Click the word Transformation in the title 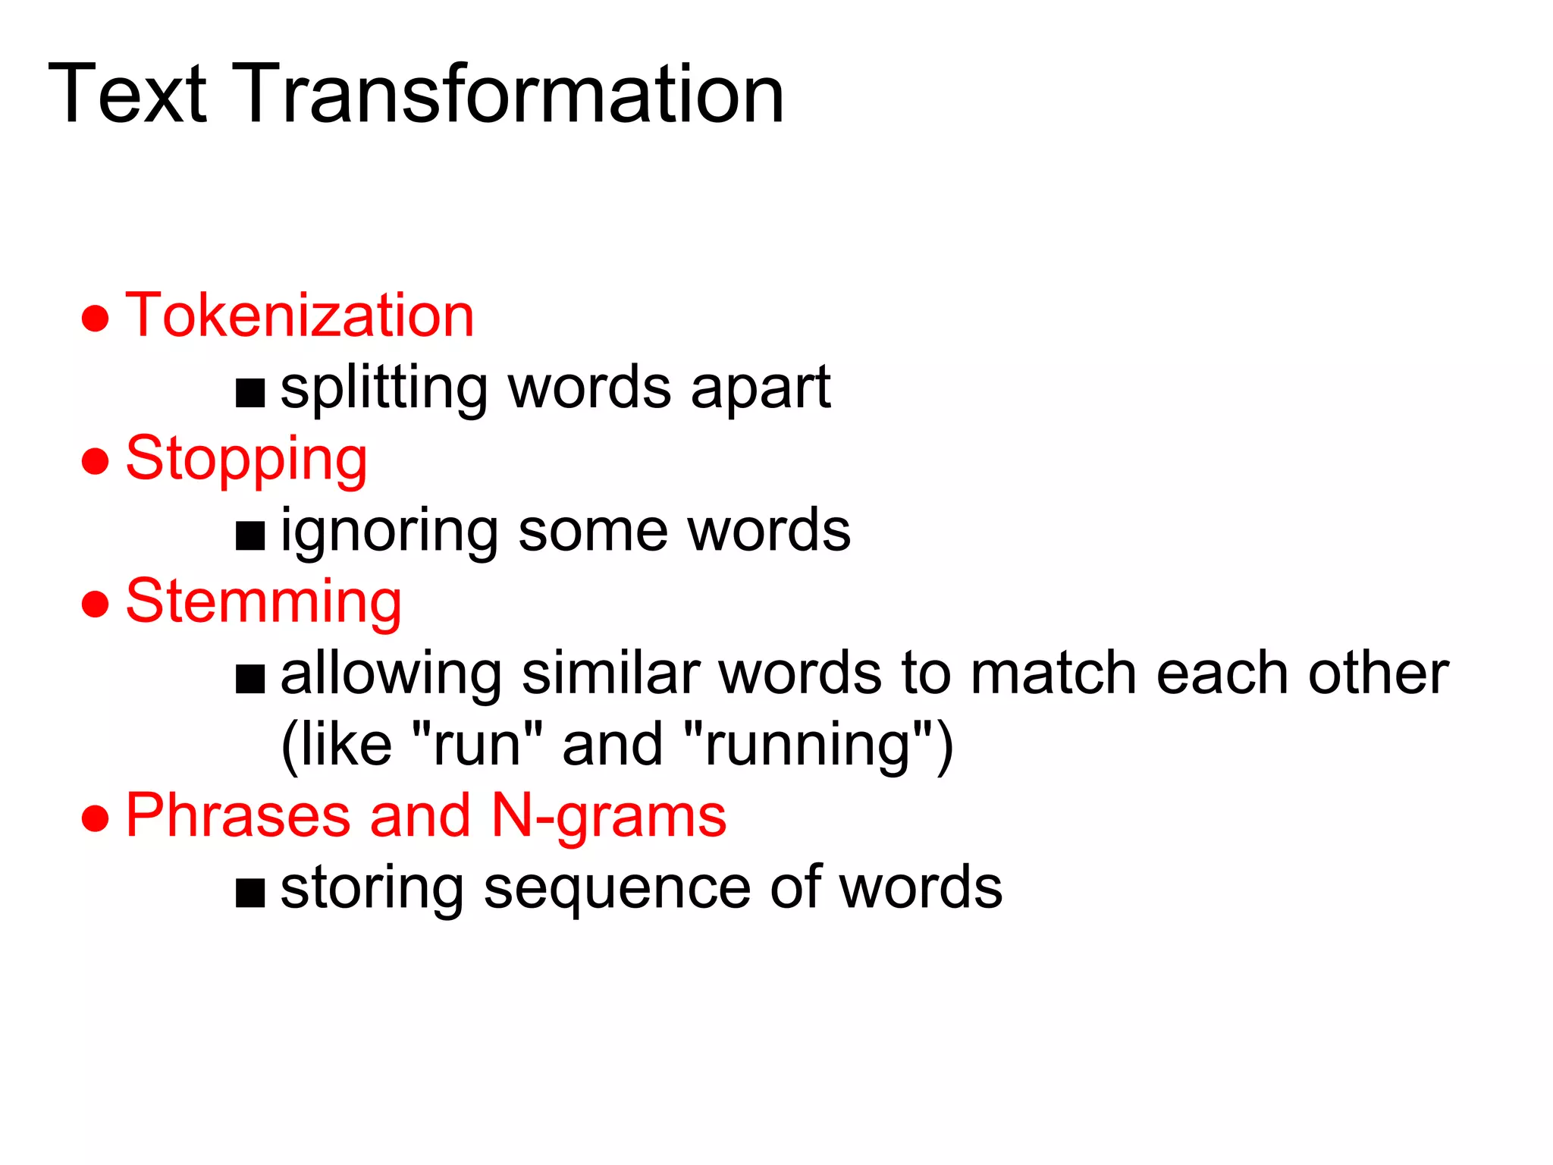[512, 95]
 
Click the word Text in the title [127, 95]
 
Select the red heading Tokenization [300, 316]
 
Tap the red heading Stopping [246, 460]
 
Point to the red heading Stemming [263, 602]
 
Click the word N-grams [609, 817]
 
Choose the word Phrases [237, 815]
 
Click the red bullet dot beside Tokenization [96, 318]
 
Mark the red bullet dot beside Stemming [96, 604]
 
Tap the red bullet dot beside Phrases [96, 818]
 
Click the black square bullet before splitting [250, 394]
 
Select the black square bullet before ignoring [250, 535]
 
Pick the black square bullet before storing [250, 893]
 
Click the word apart [761, 389]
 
